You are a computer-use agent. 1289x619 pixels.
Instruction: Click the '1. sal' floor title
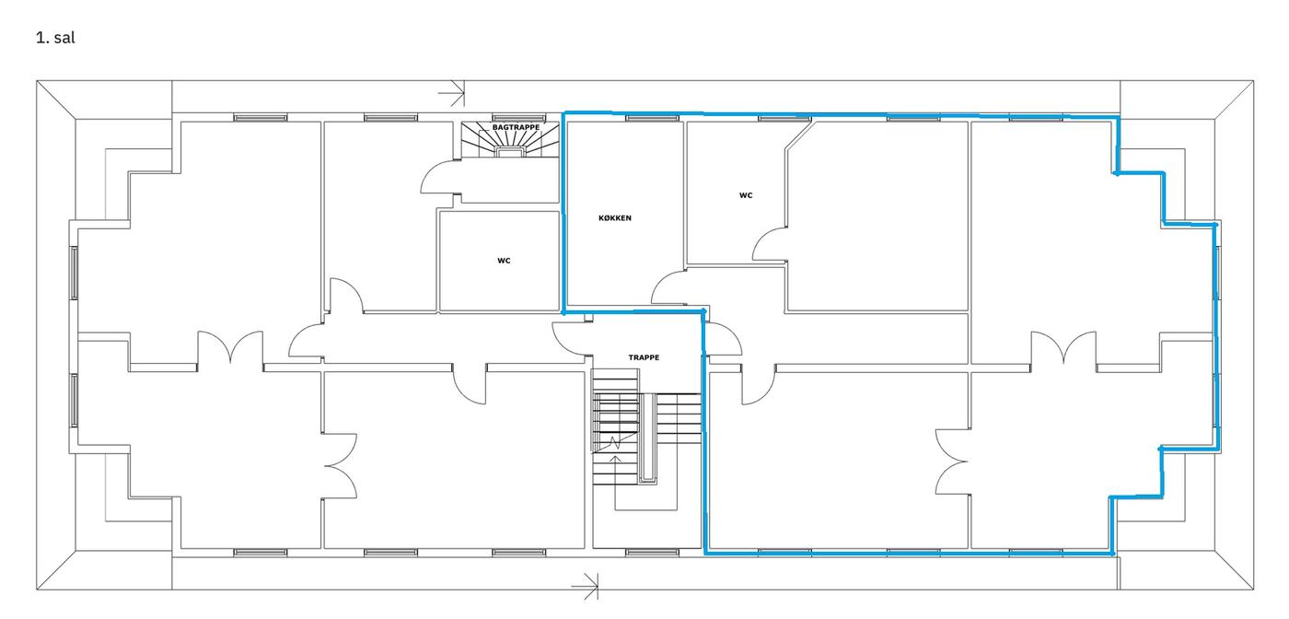click(x=55, y=38)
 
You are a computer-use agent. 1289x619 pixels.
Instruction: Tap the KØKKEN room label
click(x=615, y=218)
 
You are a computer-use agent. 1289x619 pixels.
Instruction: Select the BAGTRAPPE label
click(x=516, y=127)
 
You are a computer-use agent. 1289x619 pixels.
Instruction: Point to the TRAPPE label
click(x=644, y=357)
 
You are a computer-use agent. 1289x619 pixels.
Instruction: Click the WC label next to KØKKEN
click(x=746, y=196)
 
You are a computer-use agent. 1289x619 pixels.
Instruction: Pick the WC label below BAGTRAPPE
click(x=504, y=261)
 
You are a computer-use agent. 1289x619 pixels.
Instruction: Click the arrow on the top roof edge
click(x=451, y=91)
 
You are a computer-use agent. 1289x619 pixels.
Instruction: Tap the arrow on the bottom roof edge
click(x=585, y=586)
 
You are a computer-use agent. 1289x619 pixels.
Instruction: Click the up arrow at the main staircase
click(x=615, y=483)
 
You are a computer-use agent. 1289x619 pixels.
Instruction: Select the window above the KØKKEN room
click(x=652, y=118)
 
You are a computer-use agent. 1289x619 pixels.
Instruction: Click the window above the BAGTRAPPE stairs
click(x=517, y=118)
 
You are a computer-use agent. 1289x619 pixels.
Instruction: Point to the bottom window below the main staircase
click(x=652, y=553)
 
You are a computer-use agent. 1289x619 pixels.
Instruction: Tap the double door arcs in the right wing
click(x=1063, y=348)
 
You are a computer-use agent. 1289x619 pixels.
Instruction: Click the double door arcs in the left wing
click(x=230, y=347)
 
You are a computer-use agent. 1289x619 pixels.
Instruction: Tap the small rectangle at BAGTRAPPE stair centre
click(x=510, y=151)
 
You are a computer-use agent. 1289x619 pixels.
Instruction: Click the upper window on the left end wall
click(x=74, y=273)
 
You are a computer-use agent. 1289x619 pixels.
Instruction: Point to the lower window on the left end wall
click(x=74, y=400)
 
